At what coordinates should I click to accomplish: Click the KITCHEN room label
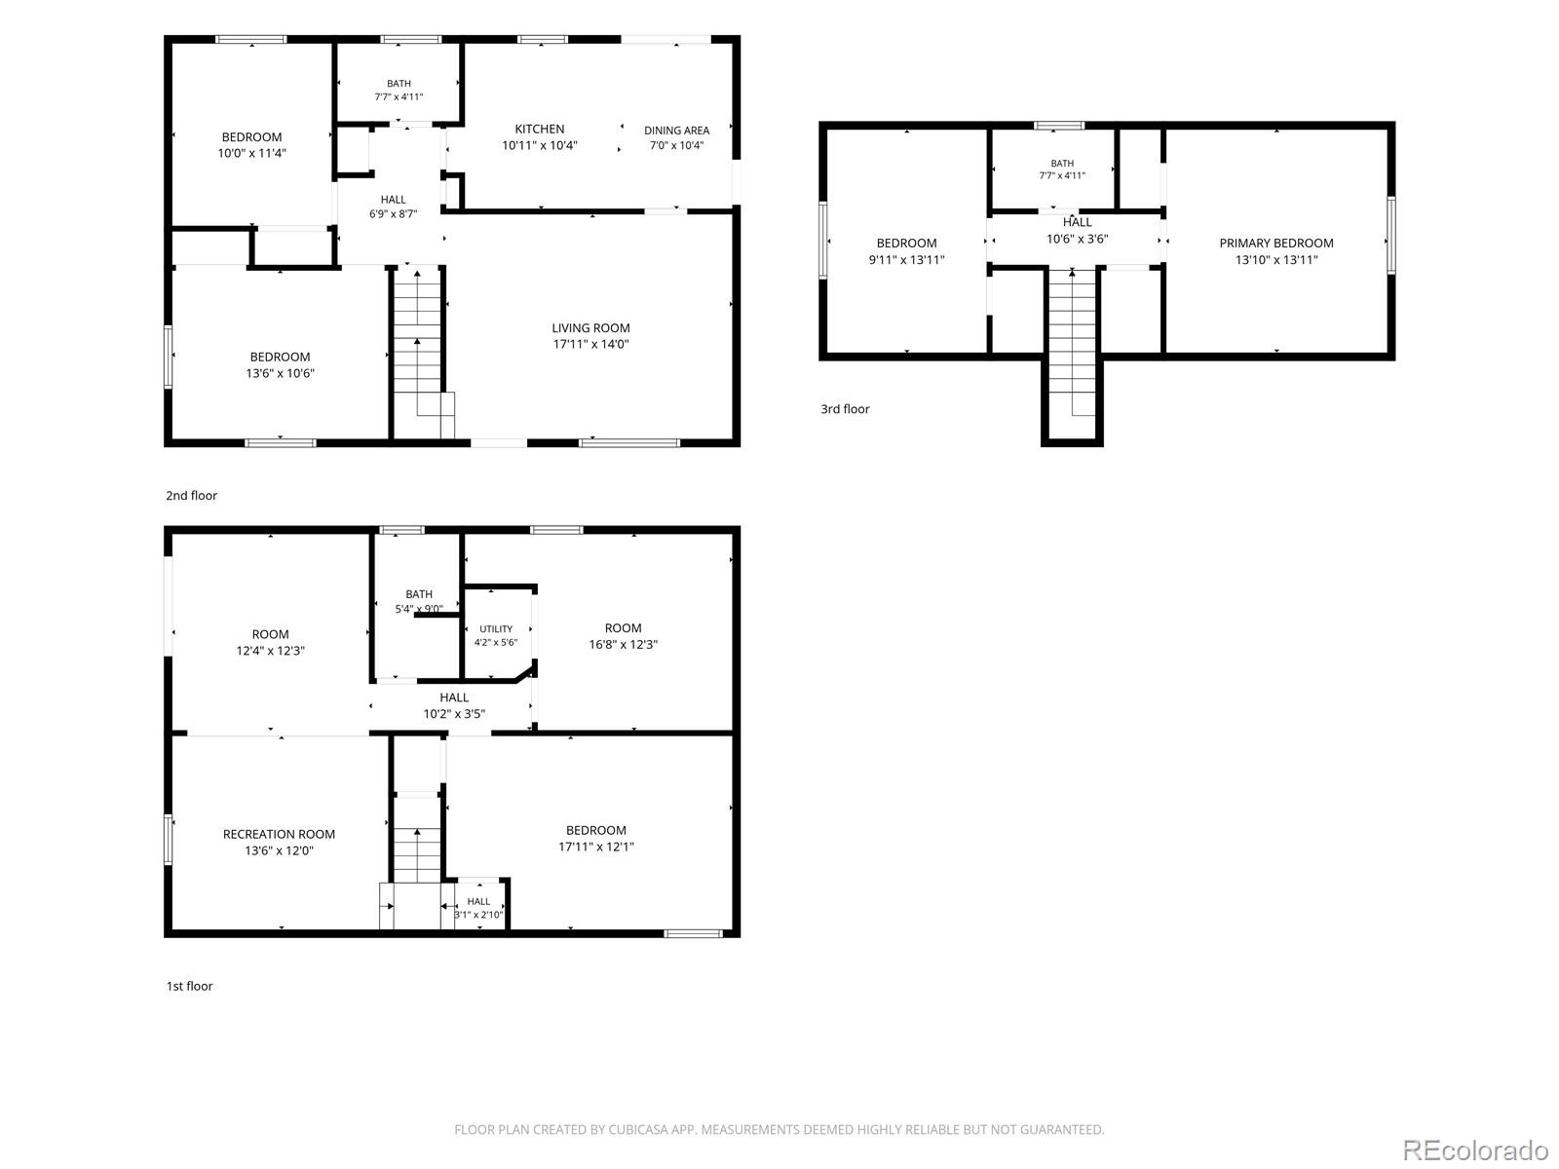[539, 130]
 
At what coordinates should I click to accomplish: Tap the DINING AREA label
[676, 131]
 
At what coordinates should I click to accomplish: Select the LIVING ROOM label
[590, 328]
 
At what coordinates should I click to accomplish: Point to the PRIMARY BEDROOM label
[1275, 243]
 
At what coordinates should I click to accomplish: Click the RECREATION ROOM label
[279, 834]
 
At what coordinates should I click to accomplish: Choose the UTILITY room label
[496, 629]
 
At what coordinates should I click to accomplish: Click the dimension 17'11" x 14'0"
[590, 344]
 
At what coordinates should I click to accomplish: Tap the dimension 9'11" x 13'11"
[906, 260]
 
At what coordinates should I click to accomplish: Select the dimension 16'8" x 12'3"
[623, 645]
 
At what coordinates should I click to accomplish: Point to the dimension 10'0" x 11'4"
[251, 153]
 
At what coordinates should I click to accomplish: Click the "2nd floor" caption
[191, 496]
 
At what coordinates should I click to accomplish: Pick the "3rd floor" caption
[845, 409]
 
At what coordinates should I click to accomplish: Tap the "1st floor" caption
[189, 986]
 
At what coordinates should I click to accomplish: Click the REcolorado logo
[1476, 1150]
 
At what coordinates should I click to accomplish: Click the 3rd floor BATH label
[1062, 164]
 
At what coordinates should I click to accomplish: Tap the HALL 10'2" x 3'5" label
[454, 705]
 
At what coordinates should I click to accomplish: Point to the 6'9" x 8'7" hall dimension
[393, 214]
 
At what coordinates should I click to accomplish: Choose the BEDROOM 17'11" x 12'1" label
[595, 838]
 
